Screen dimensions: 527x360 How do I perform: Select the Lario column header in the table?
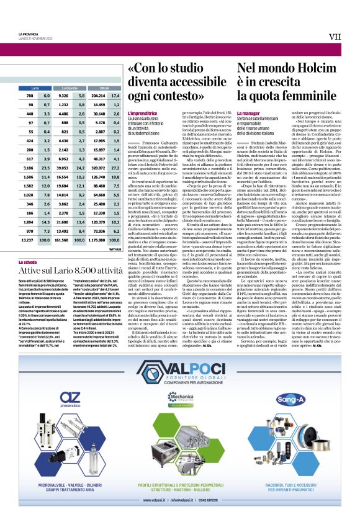[35, 89]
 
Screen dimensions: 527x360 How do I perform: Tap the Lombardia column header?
[70, 89]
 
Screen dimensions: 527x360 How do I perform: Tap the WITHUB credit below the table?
[114, 248]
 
